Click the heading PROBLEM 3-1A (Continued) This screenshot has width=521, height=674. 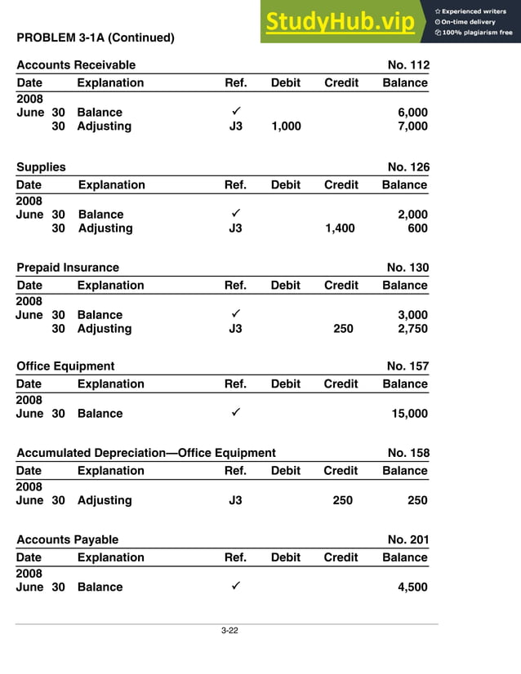coord(96,38)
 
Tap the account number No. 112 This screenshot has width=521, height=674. coord(408,65)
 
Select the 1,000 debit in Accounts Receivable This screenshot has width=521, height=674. coord(286,126)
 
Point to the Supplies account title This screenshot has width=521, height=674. coord(41,167)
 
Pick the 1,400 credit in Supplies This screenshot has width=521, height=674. coord(340,228)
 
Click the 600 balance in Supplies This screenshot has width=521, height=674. coord(417,228)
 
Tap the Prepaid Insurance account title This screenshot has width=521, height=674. coord(68,268)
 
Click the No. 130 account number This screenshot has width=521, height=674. coord(407,268)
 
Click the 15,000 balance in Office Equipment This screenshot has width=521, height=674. coord(409,414)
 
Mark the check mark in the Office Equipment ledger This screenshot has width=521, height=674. coord(235,413)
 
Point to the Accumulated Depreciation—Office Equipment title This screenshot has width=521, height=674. coord(146,453)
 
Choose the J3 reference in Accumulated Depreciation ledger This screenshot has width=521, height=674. coord(235,500)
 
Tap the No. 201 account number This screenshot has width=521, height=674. coord(407,539)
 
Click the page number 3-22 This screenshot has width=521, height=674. coord(229,631)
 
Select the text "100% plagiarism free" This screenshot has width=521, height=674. coord(477,33)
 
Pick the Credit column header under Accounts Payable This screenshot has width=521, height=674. coord(341,557)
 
